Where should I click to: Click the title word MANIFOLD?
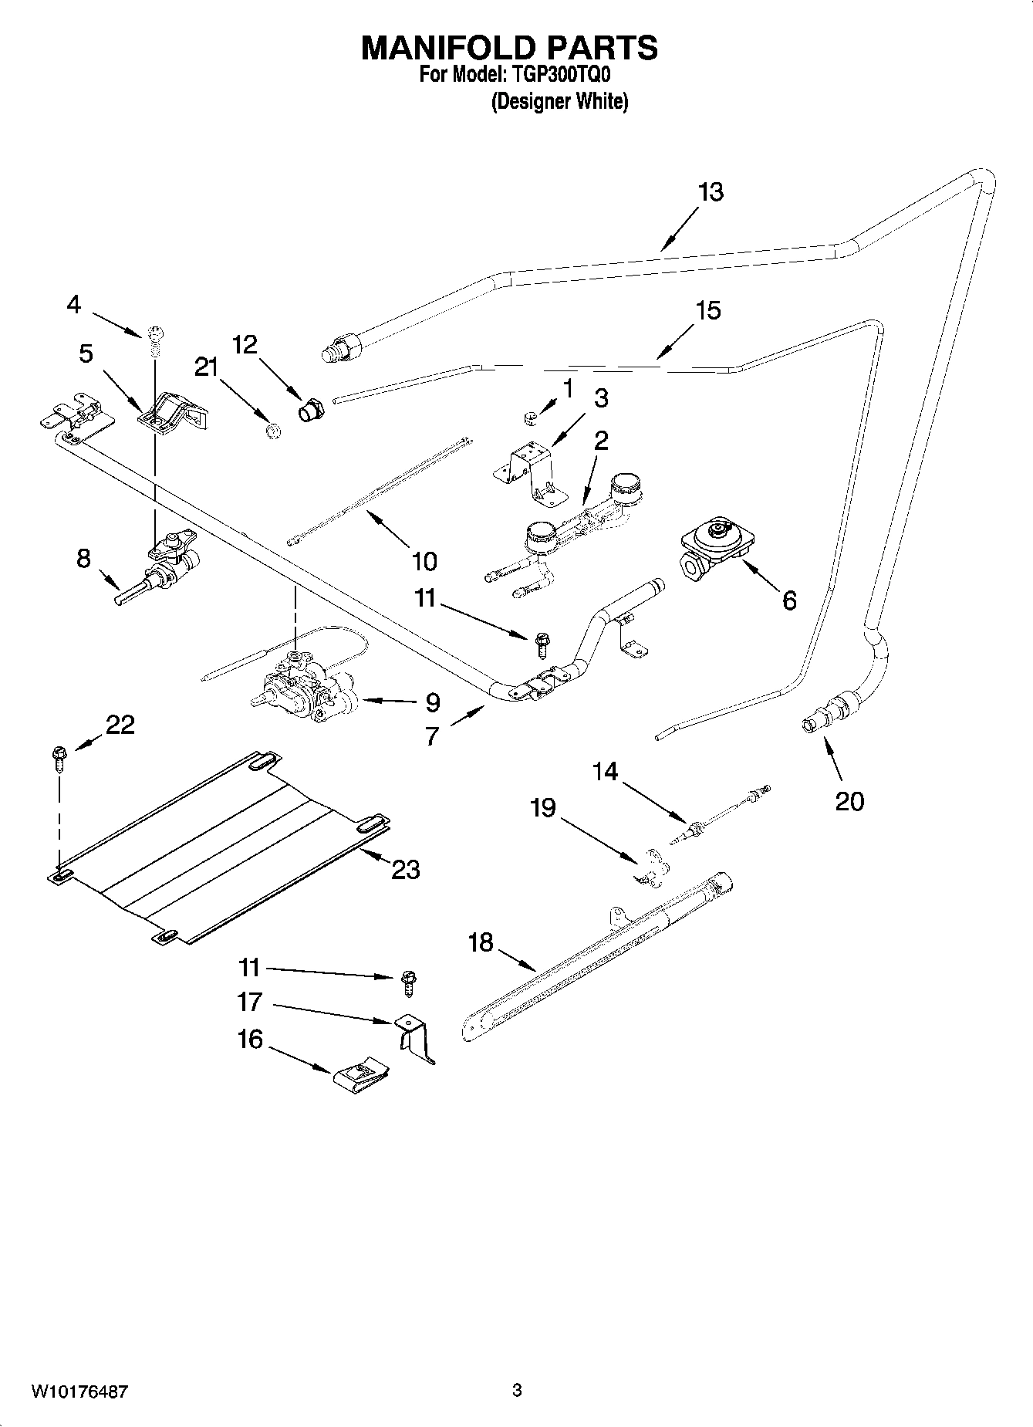click(x=447, y=48)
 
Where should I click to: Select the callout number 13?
click(x=710, y=192)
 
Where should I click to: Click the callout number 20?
click(x=849, y=801)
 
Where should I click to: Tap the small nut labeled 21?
click(x=271, y=431)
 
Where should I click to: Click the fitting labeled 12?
click(x=312, y=411)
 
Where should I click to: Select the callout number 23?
click(x=405, y=869)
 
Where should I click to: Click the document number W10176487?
click(x=79, y=1391)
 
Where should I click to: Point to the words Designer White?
click(x=560, y=101)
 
